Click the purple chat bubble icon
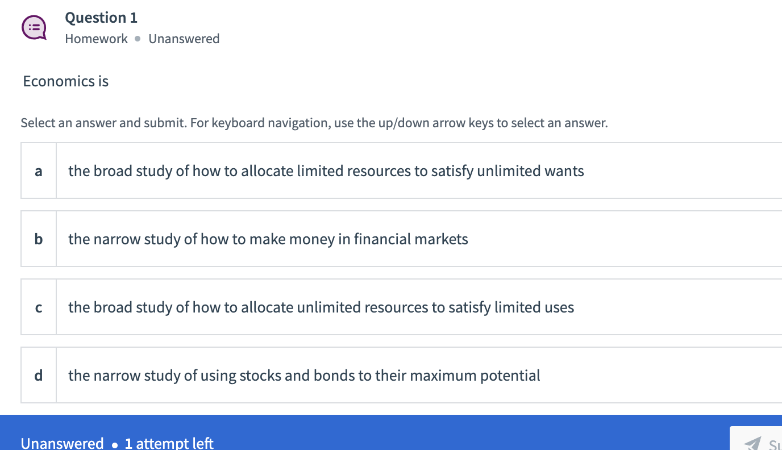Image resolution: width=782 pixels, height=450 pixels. (34, 27)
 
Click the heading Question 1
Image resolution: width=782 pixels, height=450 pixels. (101, 18)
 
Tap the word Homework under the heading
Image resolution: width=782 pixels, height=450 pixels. (96, 39)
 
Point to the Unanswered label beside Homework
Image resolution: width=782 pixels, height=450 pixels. (184, 39)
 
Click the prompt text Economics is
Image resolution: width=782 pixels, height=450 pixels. (65, 81)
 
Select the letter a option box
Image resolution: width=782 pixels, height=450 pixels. (39, 170)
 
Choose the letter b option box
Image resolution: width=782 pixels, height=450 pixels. (39, 239)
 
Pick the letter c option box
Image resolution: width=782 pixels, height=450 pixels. (39, 307)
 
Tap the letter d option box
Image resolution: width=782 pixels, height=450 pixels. (39, 375)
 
